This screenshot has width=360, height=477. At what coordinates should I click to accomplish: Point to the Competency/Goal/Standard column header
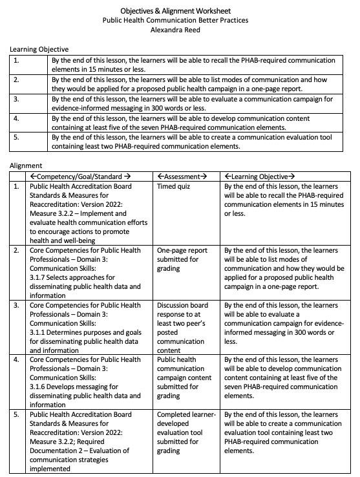pyautogui.click(x=81, y=176)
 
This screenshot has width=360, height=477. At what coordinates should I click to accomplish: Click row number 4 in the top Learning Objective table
pyautogui.click(x=16, y=119)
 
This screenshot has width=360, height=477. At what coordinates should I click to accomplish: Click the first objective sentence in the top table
pyautogui.click(x=193, y=65)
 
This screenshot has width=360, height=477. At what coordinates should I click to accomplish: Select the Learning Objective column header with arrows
pyautogui.click(x=259, y=176)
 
